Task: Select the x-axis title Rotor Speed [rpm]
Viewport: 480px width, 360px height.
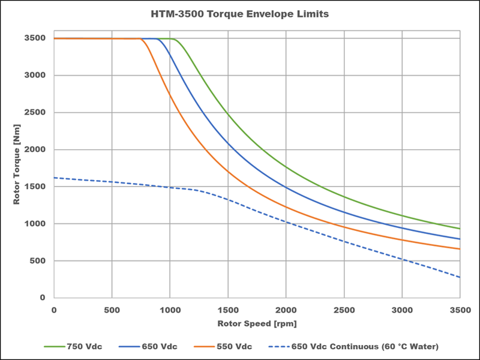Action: [x=257, y=323]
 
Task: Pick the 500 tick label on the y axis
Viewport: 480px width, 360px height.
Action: [x=38, y=261]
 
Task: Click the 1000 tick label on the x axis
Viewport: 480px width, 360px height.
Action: [x=170, y=310]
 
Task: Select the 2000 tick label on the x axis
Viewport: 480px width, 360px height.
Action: [x=286, y=310]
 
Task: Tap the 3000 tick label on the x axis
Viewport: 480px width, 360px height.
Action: [x=402, y=310]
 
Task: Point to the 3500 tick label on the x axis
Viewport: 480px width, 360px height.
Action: [x=460, y=310]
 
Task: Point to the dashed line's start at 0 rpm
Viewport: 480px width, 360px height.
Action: [x=54, y=178]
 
